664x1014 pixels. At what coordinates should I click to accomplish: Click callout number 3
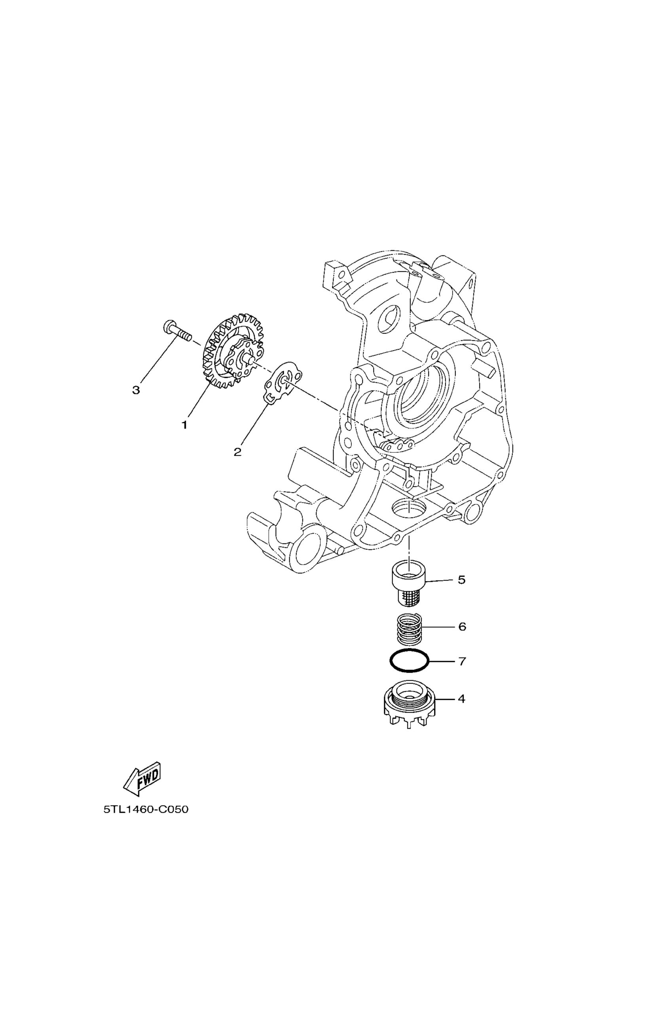136,390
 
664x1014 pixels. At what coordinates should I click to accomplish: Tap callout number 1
184,425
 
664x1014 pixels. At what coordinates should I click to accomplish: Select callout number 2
237,452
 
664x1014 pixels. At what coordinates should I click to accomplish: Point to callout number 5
461,579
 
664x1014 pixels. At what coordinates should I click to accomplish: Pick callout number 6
462,627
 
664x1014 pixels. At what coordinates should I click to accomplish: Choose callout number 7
462,661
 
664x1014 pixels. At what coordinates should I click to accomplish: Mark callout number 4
461,699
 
